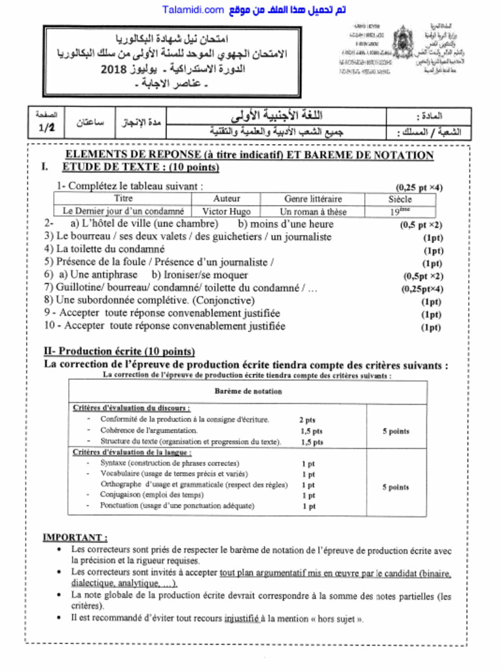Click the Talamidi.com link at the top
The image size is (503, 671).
(x=193, y=10)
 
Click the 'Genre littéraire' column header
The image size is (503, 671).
(x=312, y=199)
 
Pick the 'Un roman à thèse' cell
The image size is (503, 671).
(x=312, y=212)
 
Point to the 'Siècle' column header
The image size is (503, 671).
(x=400, y=199)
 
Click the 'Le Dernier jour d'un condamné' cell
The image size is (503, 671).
(x=123, y=212)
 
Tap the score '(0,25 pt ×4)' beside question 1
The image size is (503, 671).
(x=419, y=187)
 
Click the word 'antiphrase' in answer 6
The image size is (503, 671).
(x=115, y=275)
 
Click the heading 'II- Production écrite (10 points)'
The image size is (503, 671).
(x=119, y=351)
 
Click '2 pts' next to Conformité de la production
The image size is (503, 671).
(x=307, y=419)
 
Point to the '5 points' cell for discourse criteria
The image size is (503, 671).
(x=396, y=431)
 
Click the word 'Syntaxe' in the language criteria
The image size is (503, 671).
(x=114, y=463)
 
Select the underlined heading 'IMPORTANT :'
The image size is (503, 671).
(x=75, y=537)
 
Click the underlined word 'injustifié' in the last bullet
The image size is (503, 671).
(x=241, y=618)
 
